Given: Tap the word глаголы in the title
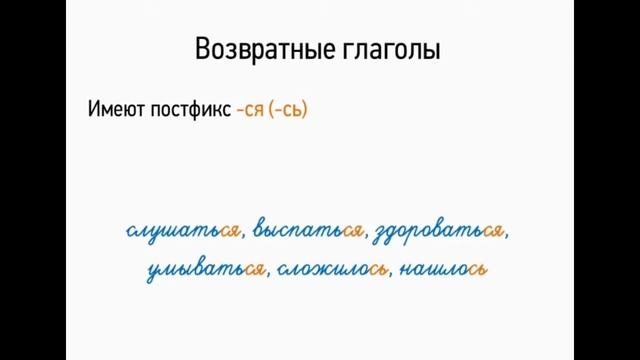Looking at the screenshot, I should (x=389, y=52).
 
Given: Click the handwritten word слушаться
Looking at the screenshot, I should (x=184, y=231).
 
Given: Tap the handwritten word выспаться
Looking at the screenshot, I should (x=307, y=231).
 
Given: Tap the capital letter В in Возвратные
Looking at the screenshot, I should (x=202, y=51).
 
